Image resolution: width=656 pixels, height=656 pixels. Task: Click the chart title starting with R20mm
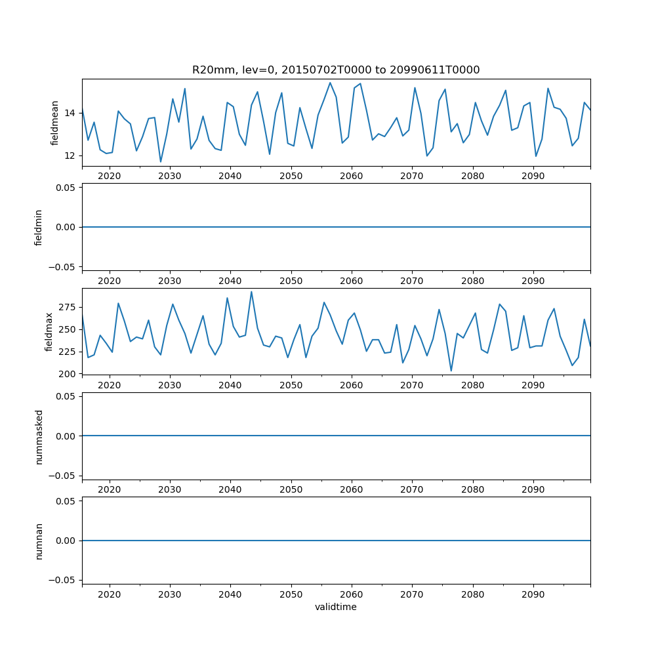click(336, 70)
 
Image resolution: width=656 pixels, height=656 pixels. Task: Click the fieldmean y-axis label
click(55, 123)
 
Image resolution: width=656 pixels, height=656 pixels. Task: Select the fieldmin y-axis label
click(39, 227)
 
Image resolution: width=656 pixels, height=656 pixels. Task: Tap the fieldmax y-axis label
click(49, 332)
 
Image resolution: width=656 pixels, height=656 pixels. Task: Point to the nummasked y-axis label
click(39, 436)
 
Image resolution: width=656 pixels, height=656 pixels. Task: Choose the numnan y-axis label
click(39, 541)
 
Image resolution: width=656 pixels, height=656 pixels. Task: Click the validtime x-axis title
click(336, 607)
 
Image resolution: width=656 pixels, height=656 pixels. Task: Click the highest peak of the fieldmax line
click(251, 292)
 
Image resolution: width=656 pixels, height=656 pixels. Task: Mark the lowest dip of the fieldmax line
click(451, 371)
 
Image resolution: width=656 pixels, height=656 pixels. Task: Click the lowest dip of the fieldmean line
click(161, 161)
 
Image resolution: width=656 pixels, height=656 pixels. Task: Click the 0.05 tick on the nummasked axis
click(64, 396)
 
